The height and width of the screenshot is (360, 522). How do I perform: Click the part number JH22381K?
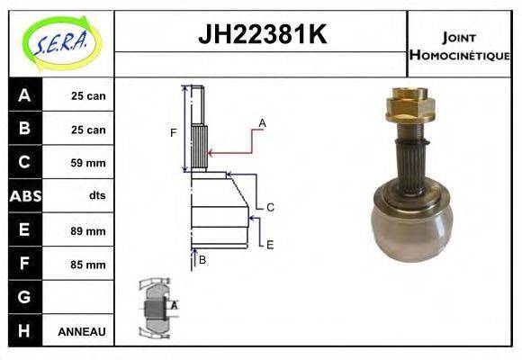pyautogui.click(x=261, y=35)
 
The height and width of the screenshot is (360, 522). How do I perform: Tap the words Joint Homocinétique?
pyautogui.click(x=459, y=46)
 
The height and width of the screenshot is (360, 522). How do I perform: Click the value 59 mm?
pyautogui.click(x=88, y=163)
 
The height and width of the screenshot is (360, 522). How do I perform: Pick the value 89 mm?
pyautogui.click(x=88, y=230)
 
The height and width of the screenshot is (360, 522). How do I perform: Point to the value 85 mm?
pyautogui.click(x=88, y=265)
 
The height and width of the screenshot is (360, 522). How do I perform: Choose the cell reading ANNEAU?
pyautogui.click(x=82, y=331)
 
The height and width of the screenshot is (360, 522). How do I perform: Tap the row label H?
pyautogui.click(x=24, y=331)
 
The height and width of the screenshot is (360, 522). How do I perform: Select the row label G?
pyautogui.click(x=24, y=297)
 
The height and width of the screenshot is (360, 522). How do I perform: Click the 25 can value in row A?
pyautogui.click(x=88, y=95)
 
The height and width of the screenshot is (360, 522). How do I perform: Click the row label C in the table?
pyautogui.click(x=24, y=163)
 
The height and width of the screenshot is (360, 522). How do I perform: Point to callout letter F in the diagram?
pyautogui.click(x=174, y=133)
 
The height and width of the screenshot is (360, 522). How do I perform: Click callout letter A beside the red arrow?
pyautogui.click(x=263, y=122)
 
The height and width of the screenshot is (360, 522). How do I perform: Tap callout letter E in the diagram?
pyautogui.click(x=269, y=244)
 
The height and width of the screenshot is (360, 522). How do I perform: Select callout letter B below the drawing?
pyautogui.click(x=202, y=260)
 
